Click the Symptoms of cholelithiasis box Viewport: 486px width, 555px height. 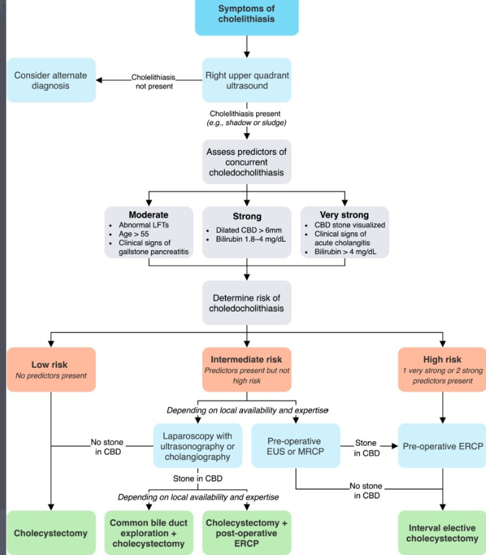[x=247, y=17]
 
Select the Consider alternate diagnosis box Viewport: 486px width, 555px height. [x=51, y=81]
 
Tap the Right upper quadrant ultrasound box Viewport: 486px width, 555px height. [x=247, y=81]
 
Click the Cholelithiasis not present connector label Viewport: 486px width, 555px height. [x=154, y=82]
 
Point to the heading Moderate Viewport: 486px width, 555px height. [x=148, y=215]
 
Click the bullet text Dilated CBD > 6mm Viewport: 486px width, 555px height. [x=249, y=230]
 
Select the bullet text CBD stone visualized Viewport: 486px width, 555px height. [x=350, y=225]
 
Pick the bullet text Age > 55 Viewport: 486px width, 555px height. [x=134, y=234]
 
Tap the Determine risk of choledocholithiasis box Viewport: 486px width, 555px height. [x=247, y=303]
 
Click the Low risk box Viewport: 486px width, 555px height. [x=51, y=370]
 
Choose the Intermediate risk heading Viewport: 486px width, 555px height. [x=246, y=359]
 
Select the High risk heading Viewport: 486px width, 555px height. [x=442, y=359]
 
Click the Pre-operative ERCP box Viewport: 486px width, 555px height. [x=442, y=446]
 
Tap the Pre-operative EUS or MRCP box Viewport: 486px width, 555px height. [x=296, y=446]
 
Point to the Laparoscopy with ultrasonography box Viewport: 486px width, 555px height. [x=198, y=446]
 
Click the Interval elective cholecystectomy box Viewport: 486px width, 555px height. [x=442, y=533]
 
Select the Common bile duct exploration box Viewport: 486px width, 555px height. [x=149, y=533]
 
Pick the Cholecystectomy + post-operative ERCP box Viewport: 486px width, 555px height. [x=247, y=533]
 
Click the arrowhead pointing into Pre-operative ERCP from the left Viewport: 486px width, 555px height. [x=394, y=446]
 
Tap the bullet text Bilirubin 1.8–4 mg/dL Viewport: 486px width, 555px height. [x=251, y=239]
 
